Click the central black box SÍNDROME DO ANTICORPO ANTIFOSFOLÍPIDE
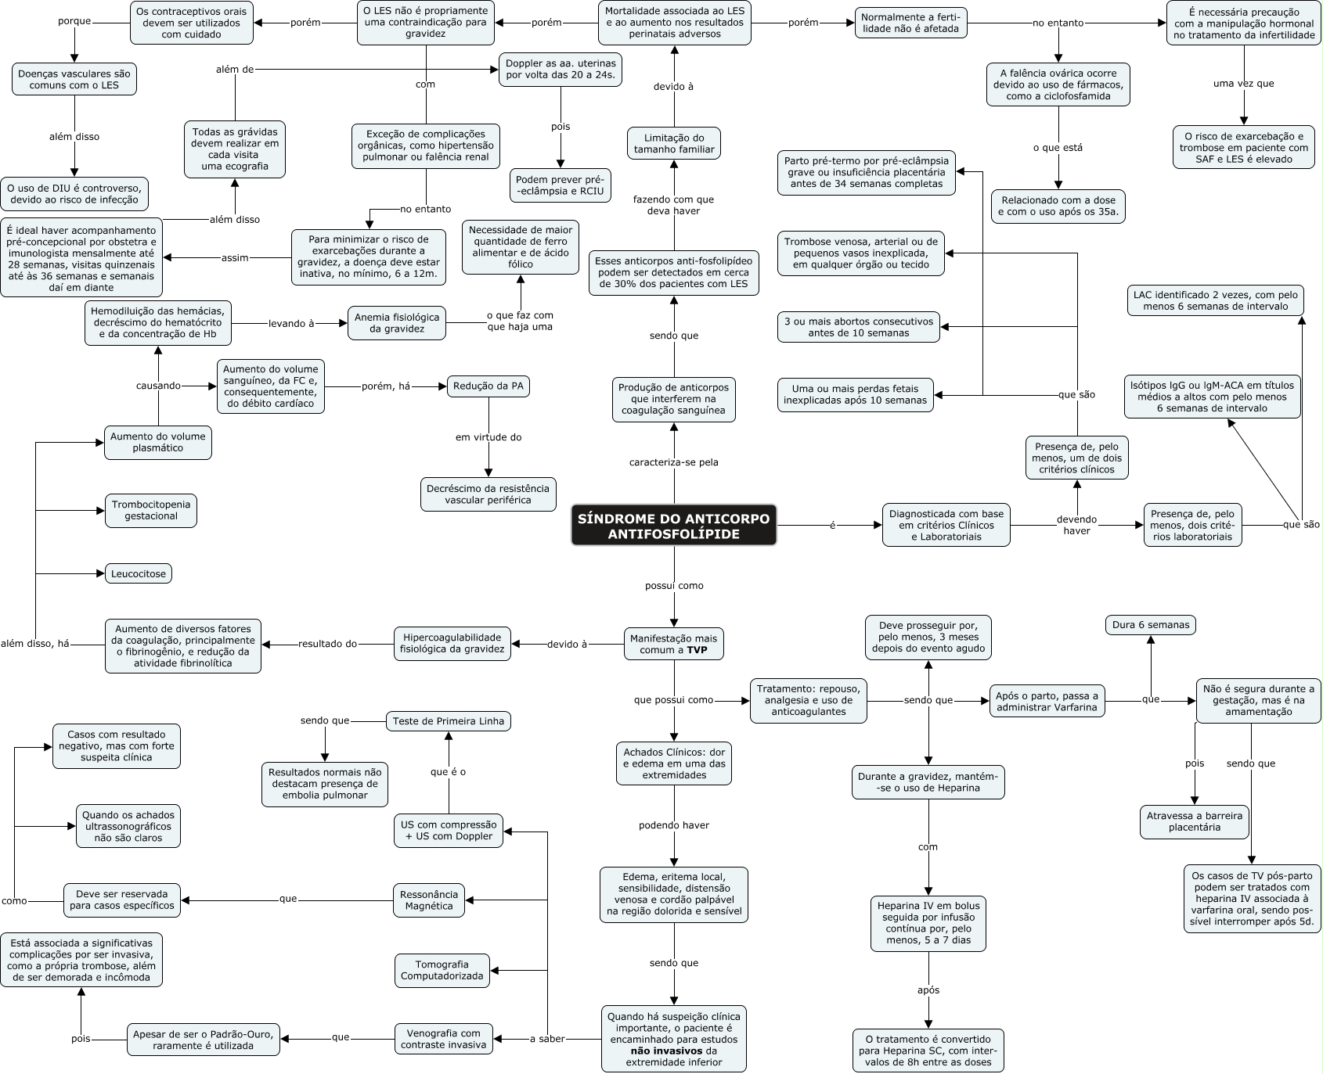click(673, 525)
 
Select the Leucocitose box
click(139, 573)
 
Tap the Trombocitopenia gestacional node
click(150, 510)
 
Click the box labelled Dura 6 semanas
click(1150, 624)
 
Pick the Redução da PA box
click(488, 386)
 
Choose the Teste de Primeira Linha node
click(449, 720)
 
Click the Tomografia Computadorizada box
click(442, 970)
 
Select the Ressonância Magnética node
click(428, 900)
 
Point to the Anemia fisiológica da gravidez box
click(397, 323)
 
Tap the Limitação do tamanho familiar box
click(673, 144)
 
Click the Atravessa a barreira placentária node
click(1194, 821)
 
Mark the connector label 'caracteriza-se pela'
click(673, 462)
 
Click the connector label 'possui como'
click(673, 585)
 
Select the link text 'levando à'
click(290, 323)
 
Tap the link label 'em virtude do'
click(488, 437)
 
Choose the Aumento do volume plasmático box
click(158, 442)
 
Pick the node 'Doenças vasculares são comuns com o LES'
click(74, 79)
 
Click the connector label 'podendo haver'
click(673, 825)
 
